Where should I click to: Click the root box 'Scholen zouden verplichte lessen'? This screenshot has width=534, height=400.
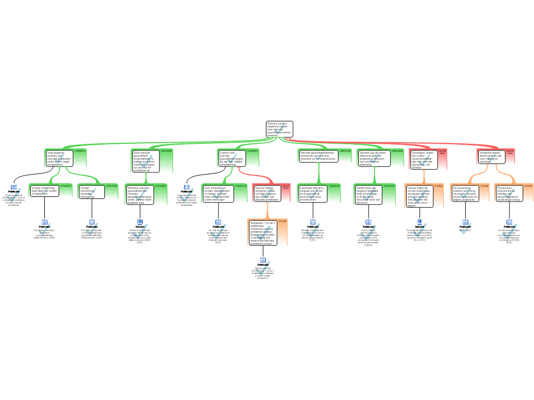[x=280, y=129]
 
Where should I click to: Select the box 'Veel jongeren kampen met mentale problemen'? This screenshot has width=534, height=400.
[x=59, y=158]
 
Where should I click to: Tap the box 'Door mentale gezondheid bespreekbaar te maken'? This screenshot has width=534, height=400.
[x=145, y=161]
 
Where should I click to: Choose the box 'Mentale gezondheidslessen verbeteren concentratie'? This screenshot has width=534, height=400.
[x=319, y=156]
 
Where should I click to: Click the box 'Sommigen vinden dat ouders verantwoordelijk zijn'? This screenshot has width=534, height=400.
[x=424, y=160]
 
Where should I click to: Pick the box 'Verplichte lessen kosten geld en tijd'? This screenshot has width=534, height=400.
[x=490, y=157]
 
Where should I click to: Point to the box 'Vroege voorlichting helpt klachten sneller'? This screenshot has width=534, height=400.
[x=44, y=191]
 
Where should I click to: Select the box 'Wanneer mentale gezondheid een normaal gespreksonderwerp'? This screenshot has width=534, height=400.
[x=140, y=195]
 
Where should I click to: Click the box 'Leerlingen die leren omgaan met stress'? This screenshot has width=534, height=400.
[x=312, y=193]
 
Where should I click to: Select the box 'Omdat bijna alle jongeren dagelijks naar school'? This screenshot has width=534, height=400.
[x=368, y=194]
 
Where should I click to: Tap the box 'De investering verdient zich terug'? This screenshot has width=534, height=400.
[x=465, y=193]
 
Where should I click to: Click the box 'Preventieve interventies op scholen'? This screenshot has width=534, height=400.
[x=509, y=193]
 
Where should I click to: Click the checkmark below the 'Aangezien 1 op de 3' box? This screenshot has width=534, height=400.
[x=263, y=269]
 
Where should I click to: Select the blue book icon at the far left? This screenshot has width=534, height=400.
[x=14, y=187]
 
